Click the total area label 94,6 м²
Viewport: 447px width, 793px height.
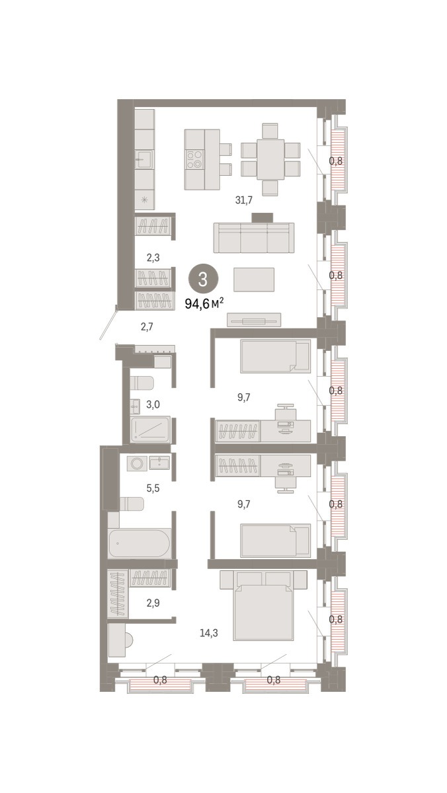click(204, 303)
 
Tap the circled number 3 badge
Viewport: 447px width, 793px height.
click(203, 280)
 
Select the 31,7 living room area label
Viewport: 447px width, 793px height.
click(244, 200)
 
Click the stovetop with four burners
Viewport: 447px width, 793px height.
click(194, 159)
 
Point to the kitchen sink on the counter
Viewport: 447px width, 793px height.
click(144, 159)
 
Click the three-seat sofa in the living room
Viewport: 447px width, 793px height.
click(254, 237)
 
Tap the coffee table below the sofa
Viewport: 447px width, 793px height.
click(254, 280)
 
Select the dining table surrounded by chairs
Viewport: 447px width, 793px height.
click(270, 159)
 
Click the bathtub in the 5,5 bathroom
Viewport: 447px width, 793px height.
click(140, 543)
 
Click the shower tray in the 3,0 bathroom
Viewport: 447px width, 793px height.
click(151, 430)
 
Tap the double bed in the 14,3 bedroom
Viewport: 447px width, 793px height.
click(263, 605)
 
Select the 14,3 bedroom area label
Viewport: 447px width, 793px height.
click(209, 632)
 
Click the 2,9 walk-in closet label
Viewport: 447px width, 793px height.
click(153, 603)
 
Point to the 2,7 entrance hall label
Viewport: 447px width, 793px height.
click(147, 326)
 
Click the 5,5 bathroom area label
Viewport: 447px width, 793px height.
click(153, 488)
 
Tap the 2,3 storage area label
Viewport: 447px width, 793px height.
click(153, 258)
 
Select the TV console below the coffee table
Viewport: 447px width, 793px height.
click(254, 320)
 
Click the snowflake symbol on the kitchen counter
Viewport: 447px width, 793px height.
click(144, 200)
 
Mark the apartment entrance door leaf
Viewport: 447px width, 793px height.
click(108, 322)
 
